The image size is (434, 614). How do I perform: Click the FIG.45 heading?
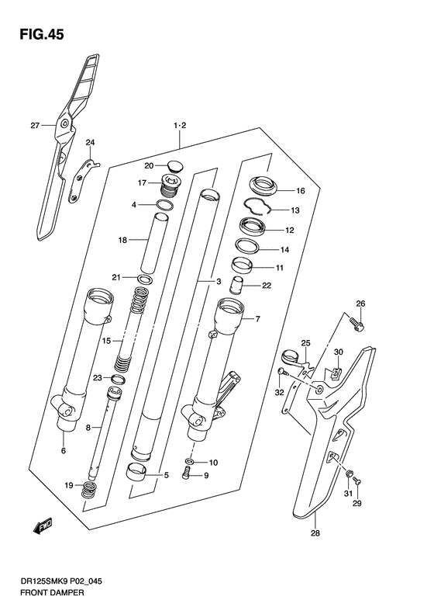(42, 35)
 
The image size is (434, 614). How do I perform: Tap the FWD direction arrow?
(43, 527)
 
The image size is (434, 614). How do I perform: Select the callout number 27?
(35, 126)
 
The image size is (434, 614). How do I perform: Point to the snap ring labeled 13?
(257, 206)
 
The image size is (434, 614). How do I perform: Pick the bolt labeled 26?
(356, 324)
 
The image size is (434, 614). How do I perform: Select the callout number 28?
(315, 533)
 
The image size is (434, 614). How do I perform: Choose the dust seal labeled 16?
(263, 186)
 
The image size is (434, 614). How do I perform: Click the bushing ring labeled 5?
(136, 471)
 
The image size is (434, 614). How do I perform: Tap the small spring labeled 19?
(90, 490)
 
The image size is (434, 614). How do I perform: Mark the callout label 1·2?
(180, 126)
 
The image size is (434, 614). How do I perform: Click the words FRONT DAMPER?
(52, 593)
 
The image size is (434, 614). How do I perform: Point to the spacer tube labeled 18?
(154, 243)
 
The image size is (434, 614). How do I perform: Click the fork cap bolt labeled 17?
(169, 186)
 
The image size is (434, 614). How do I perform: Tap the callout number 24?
(91, 143)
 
